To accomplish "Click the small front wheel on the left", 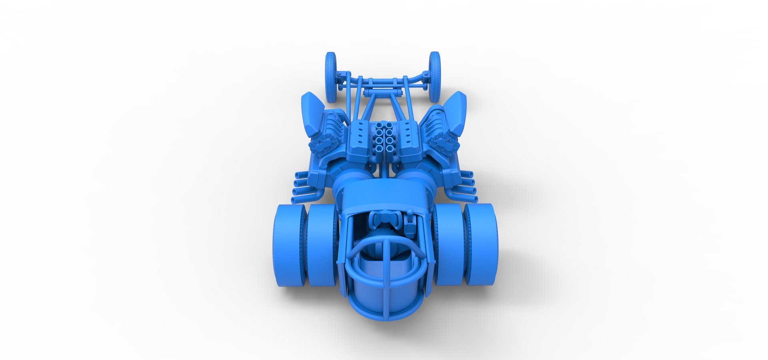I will [x=331, y=77].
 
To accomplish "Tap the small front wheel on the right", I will [x=435, y=77].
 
